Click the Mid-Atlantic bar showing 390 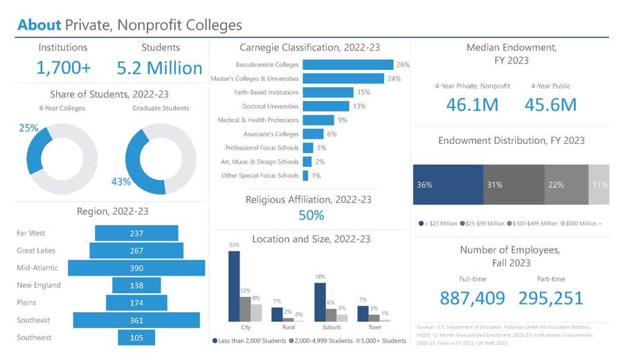pos(136,268)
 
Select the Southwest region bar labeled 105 pos(136,337)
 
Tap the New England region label pos(38,285)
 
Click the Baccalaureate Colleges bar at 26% pos(347,64)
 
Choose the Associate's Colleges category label pos(271,134)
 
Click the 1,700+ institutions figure pos(63,68)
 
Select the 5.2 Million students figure pos(159,68)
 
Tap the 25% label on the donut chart pos(28,128)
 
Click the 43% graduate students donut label pos(121,182)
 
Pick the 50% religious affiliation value pos(311,215)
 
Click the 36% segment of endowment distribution pos(448,185)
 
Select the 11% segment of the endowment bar pos(599,185)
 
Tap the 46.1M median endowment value pos(472,105)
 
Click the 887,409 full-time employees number pos(472,298)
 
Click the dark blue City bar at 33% pos(234,286)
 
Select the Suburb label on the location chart pos(332,326)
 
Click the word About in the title pos(39,26)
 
